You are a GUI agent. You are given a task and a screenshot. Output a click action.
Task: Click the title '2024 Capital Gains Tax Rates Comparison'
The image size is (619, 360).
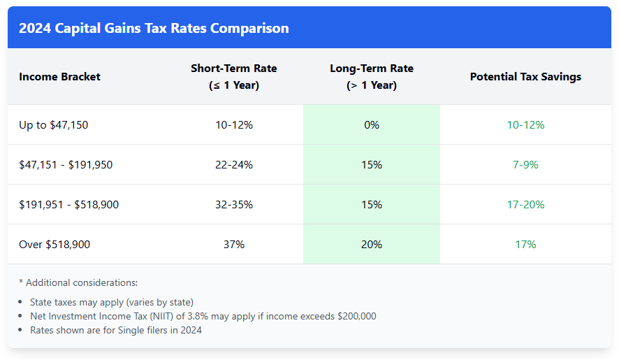pos(154,29)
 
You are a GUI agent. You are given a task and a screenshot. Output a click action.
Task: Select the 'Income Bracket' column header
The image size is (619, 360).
pos(59,77)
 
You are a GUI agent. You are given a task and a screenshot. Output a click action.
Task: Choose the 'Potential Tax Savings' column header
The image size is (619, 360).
pos(525,77)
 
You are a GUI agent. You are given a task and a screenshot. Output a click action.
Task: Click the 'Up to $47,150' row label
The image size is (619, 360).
pos(54,125)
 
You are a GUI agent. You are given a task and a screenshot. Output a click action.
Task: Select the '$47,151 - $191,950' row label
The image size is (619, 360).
pos(66,165)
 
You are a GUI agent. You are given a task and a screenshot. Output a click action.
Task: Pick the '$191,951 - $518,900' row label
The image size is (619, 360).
pos(68,205)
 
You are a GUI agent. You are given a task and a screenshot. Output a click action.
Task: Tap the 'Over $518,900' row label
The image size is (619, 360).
pos(54,245)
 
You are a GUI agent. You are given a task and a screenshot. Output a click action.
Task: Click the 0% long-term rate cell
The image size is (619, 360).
pos(371,125)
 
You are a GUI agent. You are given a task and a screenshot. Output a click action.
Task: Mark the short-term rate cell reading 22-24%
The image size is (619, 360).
pos(233,165)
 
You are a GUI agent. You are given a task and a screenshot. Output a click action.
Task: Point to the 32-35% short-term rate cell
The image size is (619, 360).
pos(233,205)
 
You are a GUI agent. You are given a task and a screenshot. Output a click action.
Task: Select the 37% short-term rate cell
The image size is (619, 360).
pos(233,245)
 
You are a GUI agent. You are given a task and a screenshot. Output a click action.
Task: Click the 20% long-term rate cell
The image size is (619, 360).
pos(371,245)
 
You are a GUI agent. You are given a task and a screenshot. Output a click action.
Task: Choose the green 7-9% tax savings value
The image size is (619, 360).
pos(525,165)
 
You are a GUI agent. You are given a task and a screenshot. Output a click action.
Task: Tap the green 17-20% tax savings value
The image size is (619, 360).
pos(525,205)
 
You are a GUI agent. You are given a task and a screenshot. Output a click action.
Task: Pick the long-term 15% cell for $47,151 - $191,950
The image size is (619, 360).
pos(371,165)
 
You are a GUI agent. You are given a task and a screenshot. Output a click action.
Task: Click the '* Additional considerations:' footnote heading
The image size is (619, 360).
pos(78,283)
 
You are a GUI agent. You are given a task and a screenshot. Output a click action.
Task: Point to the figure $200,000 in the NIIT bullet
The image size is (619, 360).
pos(356,316)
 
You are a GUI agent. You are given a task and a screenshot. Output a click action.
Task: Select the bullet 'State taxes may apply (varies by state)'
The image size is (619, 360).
pos(112,302)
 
